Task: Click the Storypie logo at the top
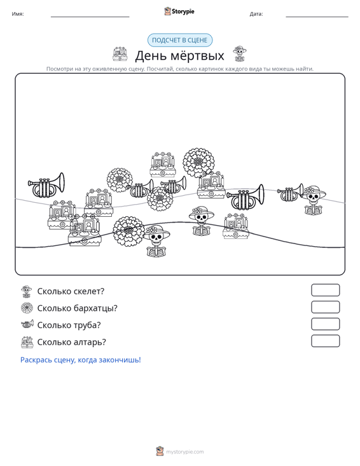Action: pyautogui.click(x=179, y=11)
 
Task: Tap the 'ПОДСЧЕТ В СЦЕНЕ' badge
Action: pyautogui.click(x=180, y=40)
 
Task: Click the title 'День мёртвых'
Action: pyautogui.click(x=179, y=55)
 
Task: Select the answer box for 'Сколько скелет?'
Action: pyautogui.click(x=325, y=290)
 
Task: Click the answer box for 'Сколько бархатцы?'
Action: pyautogui.click(x=325, y=307)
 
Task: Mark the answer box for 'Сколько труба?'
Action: pyautogui.click(x=325, y=324)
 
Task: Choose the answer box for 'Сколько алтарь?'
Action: pyautogui.click(x=325, y=341)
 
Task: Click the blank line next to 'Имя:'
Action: pyautogui.click(x=90, y=17)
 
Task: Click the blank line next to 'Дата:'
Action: pyautogui.click(x=317, y=17)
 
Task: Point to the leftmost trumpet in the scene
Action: pyautogui.click(x=46, y=185)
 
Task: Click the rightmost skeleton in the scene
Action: pyautogui.click(x=314, y=200)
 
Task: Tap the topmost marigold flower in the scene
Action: pyautogui.click(x=198, y=163)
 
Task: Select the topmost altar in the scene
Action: pyautogui.click(x=163, y=165)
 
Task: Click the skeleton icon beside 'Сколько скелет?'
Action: pyautogui.click(x=27, y=291)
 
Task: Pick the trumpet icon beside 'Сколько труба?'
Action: pyautogui.click(x=27, y=324)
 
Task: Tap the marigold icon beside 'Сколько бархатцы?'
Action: pyautogui.click(x=27, y=308)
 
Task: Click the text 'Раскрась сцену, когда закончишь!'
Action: pyautogui.click(x=81, y=360)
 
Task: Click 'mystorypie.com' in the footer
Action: pyautogui.click(x=184, y=452)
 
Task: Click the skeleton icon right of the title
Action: pyautogui.click(x=239, y=54)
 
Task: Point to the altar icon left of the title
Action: pyautogui.click(x=120, y=54)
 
